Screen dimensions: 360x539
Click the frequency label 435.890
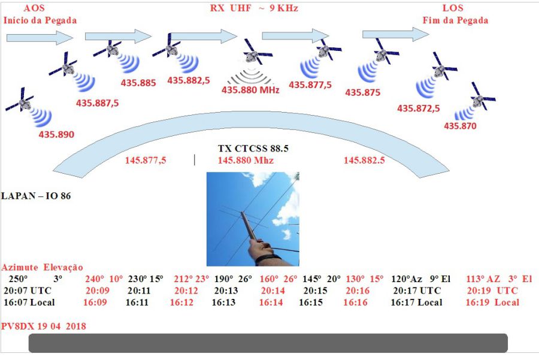[56, 135]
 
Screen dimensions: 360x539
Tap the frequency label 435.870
[460, 126]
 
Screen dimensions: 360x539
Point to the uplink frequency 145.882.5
[364, 161]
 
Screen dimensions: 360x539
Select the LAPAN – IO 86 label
[37, 196]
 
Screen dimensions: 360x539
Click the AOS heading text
[34, 8]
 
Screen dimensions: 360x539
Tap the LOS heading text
[453, 8]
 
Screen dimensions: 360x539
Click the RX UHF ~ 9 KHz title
[253, 8]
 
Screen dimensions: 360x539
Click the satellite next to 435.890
[20, 102]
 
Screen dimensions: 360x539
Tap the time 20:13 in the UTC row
[227, 291]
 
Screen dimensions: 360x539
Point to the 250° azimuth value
[17, 279]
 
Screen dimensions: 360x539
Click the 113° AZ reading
[483, 279]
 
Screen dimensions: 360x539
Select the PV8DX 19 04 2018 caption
[44, 326]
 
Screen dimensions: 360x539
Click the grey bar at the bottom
[268, 343]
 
